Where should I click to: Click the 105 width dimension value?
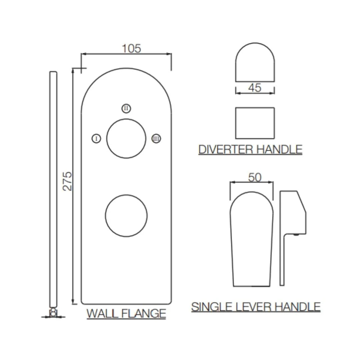131,49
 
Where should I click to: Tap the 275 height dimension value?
68,181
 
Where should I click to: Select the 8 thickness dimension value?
53,312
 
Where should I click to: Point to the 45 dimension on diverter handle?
255,88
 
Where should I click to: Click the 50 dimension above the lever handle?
255,178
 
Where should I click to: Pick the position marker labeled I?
96,139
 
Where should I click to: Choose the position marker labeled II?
126,108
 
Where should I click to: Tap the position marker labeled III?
156,139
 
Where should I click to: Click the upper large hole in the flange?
126,139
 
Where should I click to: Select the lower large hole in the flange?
126,215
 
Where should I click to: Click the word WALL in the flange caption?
101,314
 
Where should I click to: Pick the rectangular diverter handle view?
255,123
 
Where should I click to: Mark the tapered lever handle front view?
252,240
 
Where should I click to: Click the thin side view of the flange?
53,190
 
